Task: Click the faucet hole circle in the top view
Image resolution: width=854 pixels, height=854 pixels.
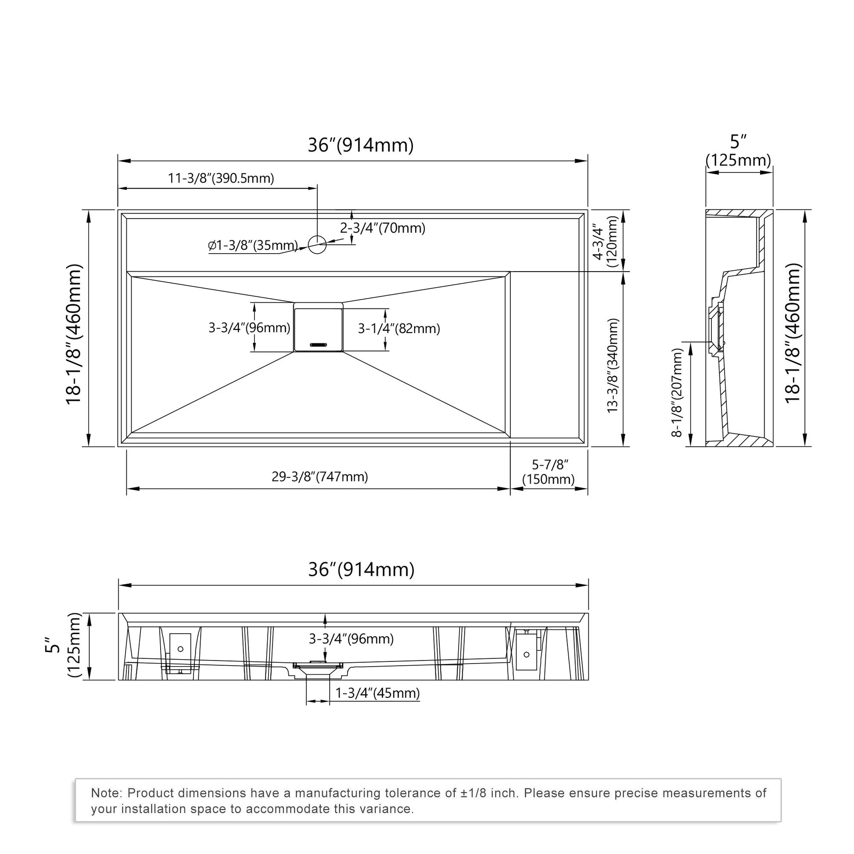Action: coord(317,244)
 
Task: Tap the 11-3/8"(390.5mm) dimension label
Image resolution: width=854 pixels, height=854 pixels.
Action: coord(221,178)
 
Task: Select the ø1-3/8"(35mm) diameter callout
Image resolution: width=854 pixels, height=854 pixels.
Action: coord(253,245)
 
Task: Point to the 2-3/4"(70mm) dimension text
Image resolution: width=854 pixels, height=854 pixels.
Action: coord(382,228)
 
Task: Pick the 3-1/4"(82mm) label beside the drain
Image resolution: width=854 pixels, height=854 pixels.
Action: coord(399,328)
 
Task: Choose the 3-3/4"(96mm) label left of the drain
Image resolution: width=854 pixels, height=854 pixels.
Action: coord(249,327)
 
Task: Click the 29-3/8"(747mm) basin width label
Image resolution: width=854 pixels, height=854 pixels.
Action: coord(319,477)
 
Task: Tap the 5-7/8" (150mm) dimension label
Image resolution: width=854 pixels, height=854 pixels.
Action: coord(549,472)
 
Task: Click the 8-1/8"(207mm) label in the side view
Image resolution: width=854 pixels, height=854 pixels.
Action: coord(677,392)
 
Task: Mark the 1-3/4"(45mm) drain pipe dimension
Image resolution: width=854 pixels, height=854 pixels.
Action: coord(377,693)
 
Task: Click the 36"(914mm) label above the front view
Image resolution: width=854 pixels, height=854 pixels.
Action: coord(361,569)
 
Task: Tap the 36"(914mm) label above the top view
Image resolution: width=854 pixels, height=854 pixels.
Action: coord(360,145)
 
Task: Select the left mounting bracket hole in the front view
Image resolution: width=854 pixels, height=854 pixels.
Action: coord(180,649)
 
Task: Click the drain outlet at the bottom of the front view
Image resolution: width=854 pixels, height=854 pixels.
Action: coord(318,674)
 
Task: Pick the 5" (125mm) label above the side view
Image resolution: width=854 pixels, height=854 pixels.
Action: coord(738,151)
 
